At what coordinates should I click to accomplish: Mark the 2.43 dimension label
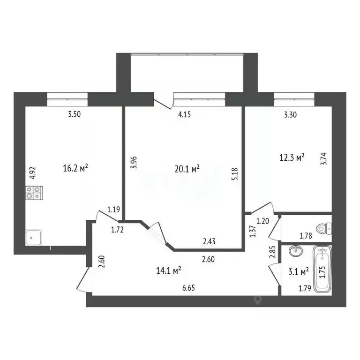(x=209, y=242)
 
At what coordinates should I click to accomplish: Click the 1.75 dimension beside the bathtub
(x=322, y=273)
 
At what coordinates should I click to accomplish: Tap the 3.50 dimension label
(x=74, y=113)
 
